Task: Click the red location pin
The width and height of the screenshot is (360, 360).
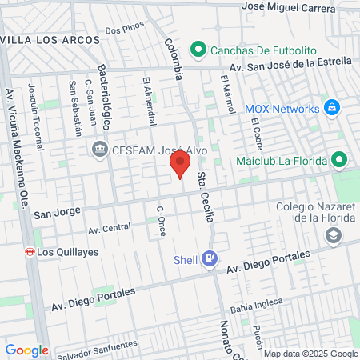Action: coord(181,165)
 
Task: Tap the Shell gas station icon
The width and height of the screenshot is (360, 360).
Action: coord(210,258)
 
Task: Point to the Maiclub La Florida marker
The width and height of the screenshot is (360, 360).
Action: coord(341,159)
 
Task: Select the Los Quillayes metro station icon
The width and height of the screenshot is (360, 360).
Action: coord(30,251)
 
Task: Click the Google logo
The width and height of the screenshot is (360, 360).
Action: coord(26,350)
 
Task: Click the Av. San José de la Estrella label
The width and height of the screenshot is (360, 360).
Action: coord(290,64)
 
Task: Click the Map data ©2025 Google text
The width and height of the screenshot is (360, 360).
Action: coord(311,354)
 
